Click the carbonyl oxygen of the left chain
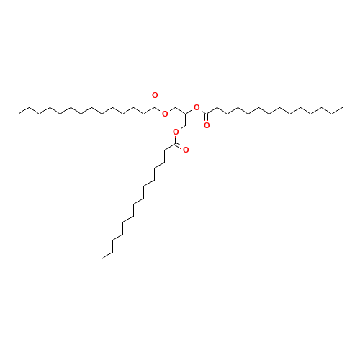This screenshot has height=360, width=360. click(155, 95)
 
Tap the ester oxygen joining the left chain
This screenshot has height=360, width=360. click(165, 113)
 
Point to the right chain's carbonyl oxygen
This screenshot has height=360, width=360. click(207, 125)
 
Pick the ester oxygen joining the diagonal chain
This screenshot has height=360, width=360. click(175, 132)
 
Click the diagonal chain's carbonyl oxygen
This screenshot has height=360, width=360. click(186, 150)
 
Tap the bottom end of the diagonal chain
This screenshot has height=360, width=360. click(103, 257)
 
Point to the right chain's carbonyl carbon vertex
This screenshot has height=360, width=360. click(207, 114)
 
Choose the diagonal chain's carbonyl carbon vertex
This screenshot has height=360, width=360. click(176, 145)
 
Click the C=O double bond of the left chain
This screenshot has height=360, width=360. click(154, 102)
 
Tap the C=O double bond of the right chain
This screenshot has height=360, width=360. click(207, 120)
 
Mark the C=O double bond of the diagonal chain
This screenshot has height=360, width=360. click(181, 147)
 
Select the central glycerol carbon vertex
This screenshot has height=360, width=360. click(186, 114)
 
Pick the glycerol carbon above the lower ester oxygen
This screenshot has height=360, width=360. click(186, 125)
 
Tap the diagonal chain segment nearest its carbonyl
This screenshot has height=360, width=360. click(171, 148)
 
